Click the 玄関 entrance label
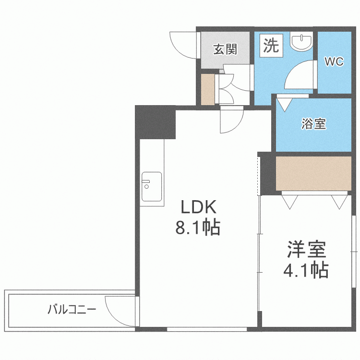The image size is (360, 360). pyautogui.click(x=225, y=49)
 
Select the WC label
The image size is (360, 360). pyautogui.click(x=334, y=62)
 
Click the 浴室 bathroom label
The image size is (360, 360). pyautogui.click(x=314, y=124)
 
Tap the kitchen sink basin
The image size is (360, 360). pyautogui.click(x=151, y=188)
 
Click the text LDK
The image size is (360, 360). pyautogui.click(x=199, y=207)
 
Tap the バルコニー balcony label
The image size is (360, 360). pyautogui.click(x=72, y=309)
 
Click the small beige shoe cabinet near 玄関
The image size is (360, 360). pyautogui.click(x=208, y=89)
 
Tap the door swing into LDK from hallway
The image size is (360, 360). pyautogui.click(x=231, y=121)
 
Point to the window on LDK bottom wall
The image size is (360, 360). pyautogui.click(x=207, y=329)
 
